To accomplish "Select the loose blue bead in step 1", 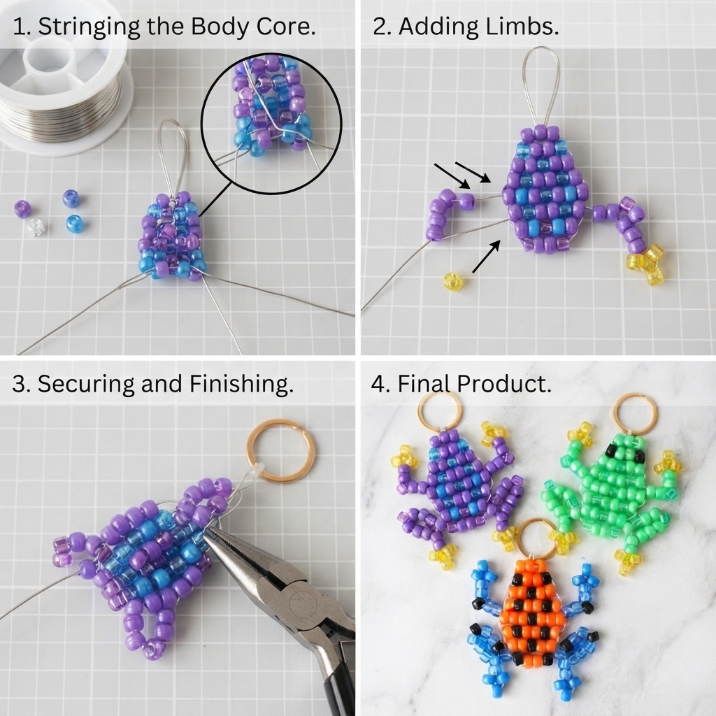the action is point(74,223).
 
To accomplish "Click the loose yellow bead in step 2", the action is point(452,282).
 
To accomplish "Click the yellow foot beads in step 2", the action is point(646,264).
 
